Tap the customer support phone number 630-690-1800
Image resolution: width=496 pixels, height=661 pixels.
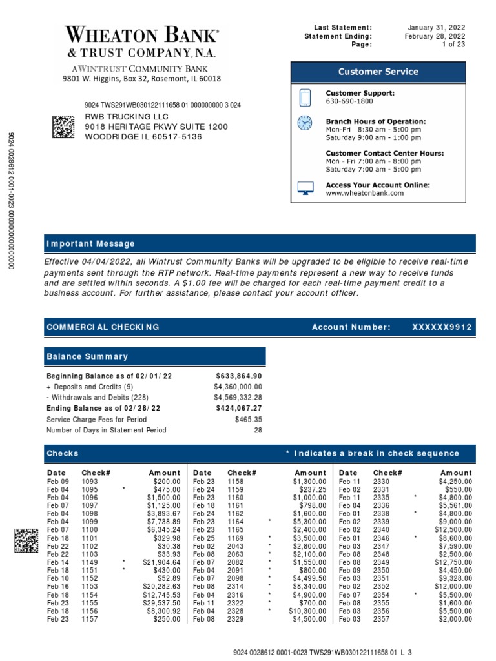[349, 102]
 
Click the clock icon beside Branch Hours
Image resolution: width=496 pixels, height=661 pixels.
[304, 123]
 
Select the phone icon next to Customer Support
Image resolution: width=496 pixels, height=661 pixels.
[305, 97]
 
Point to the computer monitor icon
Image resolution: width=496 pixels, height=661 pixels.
[305, 188]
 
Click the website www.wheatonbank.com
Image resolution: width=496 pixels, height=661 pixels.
[364, 193]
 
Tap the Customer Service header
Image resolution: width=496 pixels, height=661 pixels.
[378, 72]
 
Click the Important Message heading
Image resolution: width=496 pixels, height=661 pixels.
[90, 244]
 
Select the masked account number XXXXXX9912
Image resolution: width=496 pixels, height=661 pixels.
[442, 327]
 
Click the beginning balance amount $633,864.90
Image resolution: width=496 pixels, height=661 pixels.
[238, 376]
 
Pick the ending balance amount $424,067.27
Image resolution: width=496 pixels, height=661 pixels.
[238, 408]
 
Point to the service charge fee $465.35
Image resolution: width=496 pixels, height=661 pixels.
[249, 419]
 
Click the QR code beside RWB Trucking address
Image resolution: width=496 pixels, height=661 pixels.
[63, 127]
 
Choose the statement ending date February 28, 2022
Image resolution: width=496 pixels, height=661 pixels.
[437, 36]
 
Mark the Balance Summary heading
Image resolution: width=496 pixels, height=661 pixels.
[87, 356]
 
